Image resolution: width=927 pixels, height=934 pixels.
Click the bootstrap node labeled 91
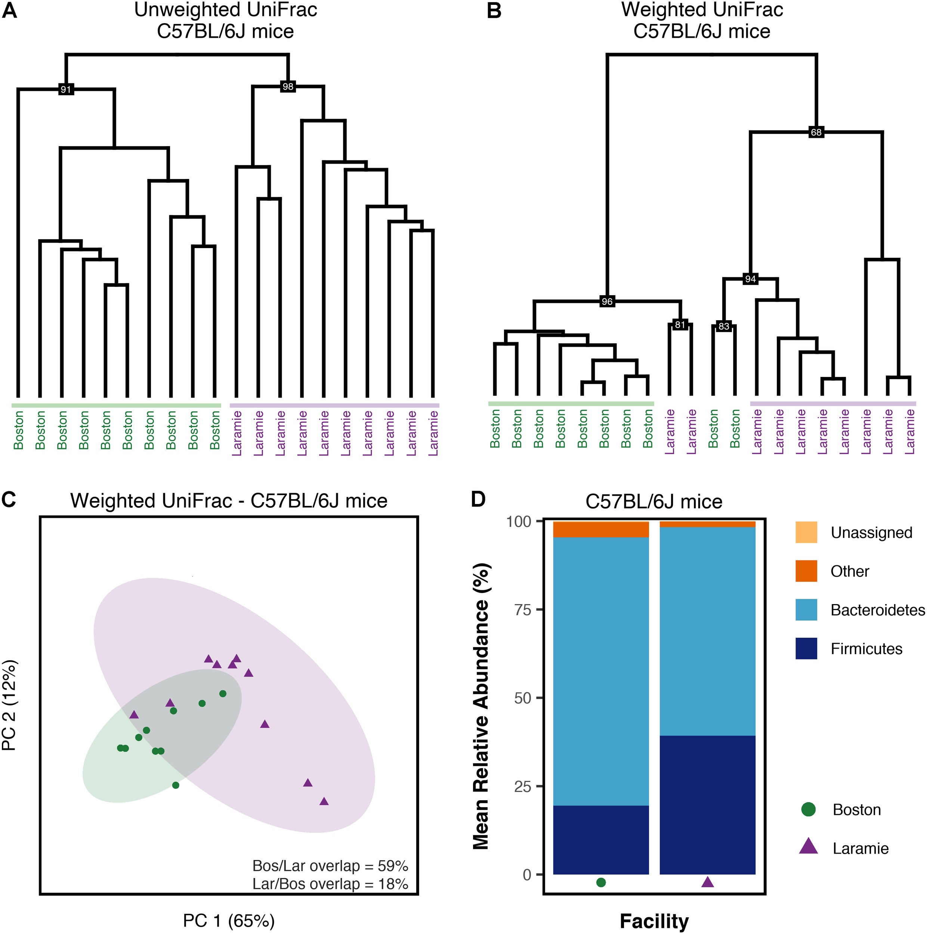point(66,89)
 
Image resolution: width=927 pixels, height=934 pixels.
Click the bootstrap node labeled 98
point(288,87)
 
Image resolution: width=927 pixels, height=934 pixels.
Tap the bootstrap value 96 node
point(607,301)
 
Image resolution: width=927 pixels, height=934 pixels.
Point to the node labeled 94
point(750,279)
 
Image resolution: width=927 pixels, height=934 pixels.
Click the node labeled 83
point(723,326)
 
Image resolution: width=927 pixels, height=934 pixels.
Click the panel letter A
point(10,10)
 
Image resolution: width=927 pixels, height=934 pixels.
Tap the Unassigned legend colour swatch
point(806,532)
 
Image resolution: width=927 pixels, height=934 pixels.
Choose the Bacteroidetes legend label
point(878,610)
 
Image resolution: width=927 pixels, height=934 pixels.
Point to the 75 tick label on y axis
point(523,610)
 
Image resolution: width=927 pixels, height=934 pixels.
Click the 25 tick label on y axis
point(523,786)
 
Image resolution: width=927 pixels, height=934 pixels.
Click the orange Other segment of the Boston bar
point(600,530)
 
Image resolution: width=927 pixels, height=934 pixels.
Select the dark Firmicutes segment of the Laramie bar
point(707,805)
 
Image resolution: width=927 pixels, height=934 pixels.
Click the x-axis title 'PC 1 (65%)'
point(229,921)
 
